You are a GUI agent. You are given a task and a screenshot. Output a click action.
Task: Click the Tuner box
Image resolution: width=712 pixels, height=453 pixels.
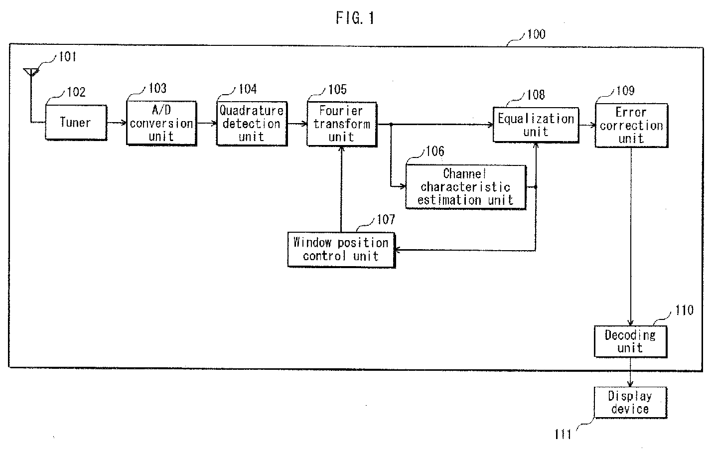coord(76,123)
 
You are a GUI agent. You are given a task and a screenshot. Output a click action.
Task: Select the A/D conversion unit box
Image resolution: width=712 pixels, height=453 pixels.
coord(161,124)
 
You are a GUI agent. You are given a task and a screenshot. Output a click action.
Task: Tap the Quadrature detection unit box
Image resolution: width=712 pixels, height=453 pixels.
coord(252,124)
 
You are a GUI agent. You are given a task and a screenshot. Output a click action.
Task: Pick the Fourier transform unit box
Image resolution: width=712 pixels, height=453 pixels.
coord(342,124)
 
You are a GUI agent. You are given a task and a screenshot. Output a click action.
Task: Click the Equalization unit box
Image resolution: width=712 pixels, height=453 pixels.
coord(536,125)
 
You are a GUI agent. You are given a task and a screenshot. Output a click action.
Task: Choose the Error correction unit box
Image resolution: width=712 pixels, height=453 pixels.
coord(632,125)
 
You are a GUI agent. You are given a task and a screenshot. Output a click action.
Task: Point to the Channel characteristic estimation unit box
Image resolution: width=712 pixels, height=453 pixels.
coord(466,187)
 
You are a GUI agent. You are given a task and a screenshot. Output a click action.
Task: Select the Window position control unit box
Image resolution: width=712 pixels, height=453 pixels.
coord(341,250)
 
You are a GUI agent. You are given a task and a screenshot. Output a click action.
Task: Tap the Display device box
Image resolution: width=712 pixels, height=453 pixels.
coord(631,403)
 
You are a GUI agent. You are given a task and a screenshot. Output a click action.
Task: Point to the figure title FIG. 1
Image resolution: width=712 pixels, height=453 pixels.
coord(355,18)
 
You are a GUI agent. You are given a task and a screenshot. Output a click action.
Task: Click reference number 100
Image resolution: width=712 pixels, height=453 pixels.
coord(536,34)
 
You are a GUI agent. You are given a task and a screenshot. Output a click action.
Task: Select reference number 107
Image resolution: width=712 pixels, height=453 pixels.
coord(386,219)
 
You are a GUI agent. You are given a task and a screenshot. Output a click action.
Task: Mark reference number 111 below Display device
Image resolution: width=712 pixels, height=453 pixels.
coord(563,434)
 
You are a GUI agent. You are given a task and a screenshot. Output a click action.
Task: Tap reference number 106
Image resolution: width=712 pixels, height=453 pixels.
coord(435,151)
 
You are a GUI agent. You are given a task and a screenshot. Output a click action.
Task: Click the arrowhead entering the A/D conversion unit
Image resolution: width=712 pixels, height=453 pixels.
coord(124,123)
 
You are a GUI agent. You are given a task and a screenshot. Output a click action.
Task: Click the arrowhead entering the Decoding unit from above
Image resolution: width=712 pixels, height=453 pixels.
coord(631,322)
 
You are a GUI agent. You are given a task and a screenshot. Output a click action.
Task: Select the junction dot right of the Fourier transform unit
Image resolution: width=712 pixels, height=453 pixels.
coord(391,124)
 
